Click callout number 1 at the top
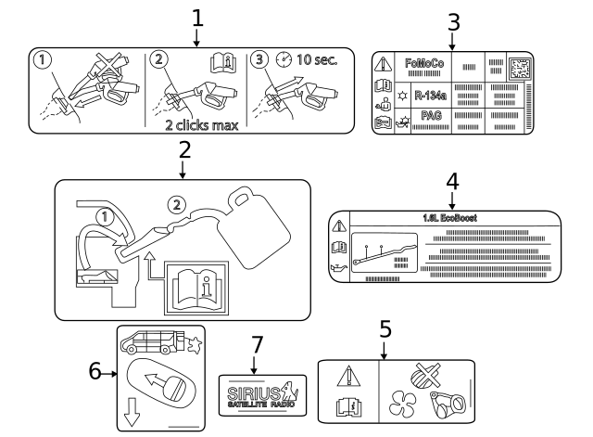pos(196,16)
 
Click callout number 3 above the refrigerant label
pos(453,20)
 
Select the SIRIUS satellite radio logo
pos(256,393)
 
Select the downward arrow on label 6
pos(131,413)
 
